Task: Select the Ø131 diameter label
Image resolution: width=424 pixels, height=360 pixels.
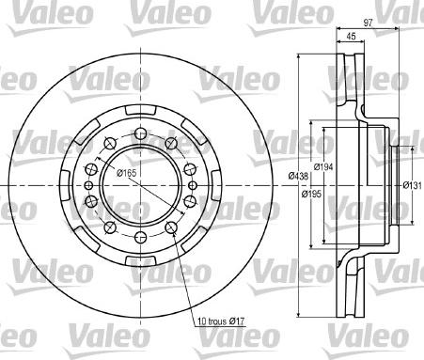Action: click(412, 183)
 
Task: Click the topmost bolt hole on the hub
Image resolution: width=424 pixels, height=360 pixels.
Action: click(137, 129)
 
